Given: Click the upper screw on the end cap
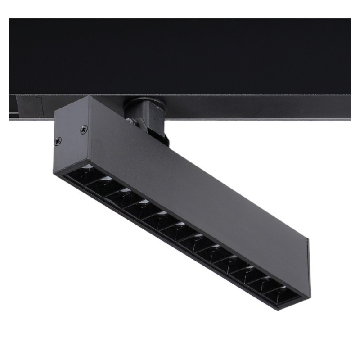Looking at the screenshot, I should [84, 130].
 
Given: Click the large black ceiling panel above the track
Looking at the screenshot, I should [180, 54].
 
